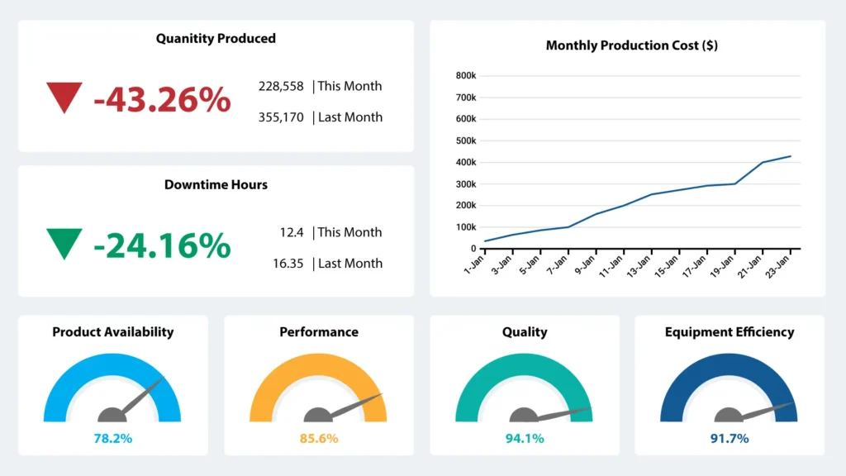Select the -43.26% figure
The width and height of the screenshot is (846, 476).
[x=162, y=100]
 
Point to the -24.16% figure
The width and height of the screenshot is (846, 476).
[x=162, y=246]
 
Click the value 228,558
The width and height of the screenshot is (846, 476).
[x=281, y=86]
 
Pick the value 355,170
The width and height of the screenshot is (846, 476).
[x=281, y=117]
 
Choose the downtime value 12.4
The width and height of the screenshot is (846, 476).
[x=292, y=232]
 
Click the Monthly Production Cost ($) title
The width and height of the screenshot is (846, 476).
[x=631, y=45]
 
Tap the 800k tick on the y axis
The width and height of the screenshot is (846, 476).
[x=465, y=76]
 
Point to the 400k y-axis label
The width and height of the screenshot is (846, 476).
[x=465, y=162]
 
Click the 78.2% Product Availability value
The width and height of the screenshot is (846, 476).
[x=112, y=438]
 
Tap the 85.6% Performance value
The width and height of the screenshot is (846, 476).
[x=319, y=438]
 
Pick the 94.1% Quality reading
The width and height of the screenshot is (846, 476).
[x=525, y=438]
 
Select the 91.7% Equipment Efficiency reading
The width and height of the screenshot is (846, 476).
[x=730, y=438]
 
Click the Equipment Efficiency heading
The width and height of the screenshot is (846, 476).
[x=730, y=332]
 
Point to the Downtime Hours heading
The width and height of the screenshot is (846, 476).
[x=216, y=184]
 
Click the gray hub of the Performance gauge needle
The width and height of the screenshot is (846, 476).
[x=318, y=415]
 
